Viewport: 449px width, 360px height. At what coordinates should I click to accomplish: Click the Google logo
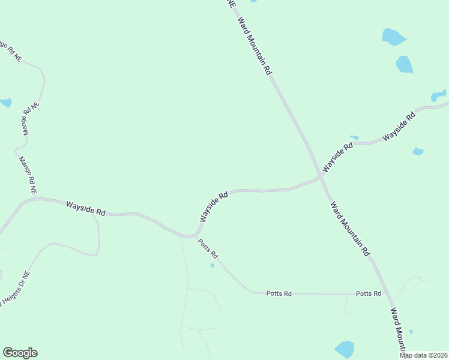pos(20,353)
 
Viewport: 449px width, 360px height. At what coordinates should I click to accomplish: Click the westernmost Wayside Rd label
pos(86,208)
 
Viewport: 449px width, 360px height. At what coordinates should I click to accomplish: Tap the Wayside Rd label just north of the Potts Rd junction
pos(214,207)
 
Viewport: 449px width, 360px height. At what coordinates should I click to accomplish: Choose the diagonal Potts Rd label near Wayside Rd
pos(208,249)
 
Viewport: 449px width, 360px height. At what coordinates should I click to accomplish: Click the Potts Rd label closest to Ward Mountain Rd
pos(369,293)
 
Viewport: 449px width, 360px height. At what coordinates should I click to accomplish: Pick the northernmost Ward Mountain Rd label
pos(255,46)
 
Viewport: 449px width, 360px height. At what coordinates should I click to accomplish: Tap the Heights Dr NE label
pos(14,287)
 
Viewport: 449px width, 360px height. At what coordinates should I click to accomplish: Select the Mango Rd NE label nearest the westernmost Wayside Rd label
pos(28,175)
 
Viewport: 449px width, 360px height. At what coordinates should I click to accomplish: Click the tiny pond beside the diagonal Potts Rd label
pos(212,265)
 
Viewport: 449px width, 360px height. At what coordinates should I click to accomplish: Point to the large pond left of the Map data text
pos(345,349)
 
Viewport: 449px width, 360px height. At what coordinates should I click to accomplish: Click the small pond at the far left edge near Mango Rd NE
pos(5,103)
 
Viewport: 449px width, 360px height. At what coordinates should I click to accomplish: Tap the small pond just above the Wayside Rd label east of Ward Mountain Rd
pos(354,137)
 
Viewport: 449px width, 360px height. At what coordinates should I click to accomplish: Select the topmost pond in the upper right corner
pos(394,37)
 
